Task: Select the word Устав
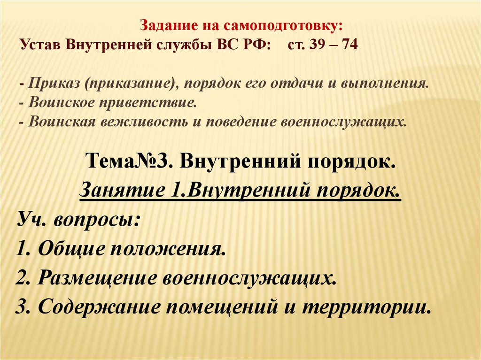coord(41,46)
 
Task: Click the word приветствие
coord(146,103)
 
